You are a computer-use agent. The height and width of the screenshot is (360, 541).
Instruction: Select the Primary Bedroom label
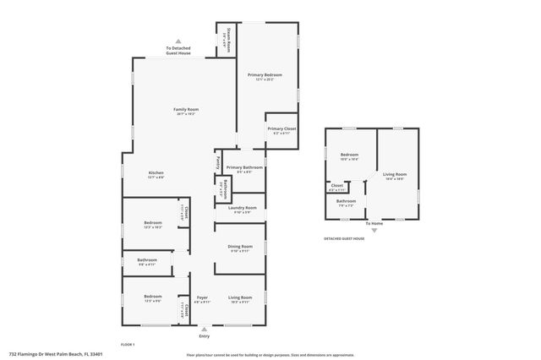click(265, 75)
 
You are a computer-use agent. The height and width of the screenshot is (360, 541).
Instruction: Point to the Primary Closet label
click(279, 129)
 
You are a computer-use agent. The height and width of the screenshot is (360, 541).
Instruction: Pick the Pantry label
click(218, 161)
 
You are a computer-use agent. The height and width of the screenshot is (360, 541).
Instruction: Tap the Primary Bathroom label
click(244, 168)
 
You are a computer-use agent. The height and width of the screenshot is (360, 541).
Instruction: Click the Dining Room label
click(239, 247)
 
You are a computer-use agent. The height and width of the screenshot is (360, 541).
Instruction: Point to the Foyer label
click(202, 297)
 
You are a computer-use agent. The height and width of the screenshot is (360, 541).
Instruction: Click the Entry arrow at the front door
click(203, 330)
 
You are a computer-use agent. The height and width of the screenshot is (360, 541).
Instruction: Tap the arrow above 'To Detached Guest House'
click(178, 41)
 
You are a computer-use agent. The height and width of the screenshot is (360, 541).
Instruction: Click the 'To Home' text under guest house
click(374, 223)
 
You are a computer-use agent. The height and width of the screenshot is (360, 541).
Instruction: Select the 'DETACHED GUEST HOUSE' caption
click(344, 238)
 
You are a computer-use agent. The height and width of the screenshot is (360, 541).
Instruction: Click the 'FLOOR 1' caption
click(128, 344)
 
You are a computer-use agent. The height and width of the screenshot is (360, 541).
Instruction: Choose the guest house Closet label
click(336, 185)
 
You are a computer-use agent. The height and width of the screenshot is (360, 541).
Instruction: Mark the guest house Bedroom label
click(349, 155)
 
